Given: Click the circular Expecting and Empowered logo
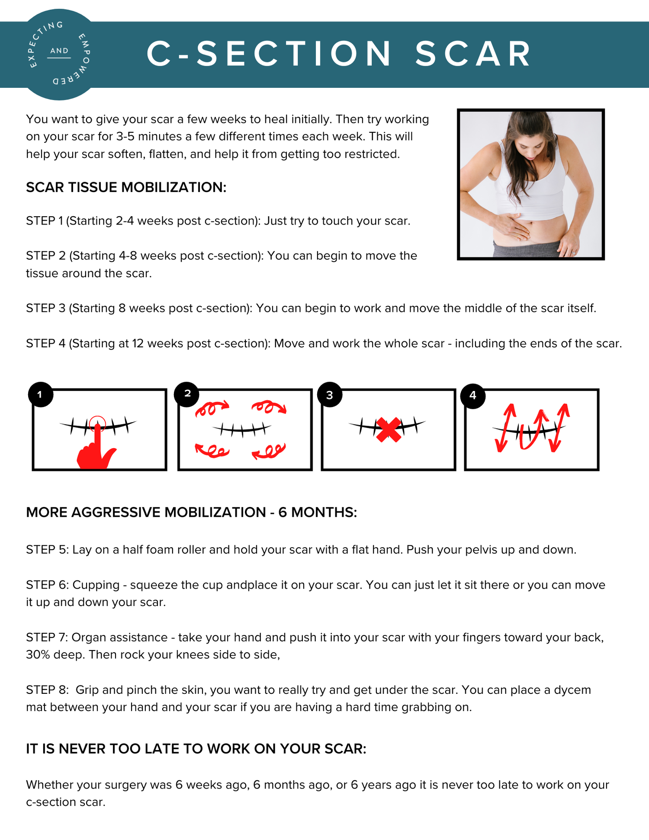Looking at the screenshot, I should point(59,55).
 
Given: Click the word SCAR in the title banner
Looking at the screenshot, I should point(473,55).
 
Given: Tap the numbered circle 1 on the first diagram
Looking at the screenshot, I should point(40,394).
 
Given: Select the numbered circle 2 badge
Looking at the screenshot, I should point(187,394).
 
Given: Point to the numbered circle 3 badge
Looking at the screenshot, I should point(330,395).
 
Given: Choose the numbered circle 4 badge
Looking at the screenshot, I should point(472,395).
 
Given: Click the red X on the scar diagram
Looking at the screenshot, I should point(388,430).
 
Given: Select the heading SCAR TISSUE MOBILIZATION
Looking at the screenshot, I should point(126,187).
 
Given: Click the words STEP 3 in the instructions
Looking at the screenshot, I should point(45,308).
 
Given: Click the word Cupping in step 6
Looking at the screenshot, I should point(96,585).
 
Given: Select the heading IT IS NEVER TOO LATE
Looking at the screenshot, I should point(196,749).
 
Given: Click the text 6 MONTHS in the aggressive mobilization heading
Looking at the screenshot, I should point(317,512).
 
